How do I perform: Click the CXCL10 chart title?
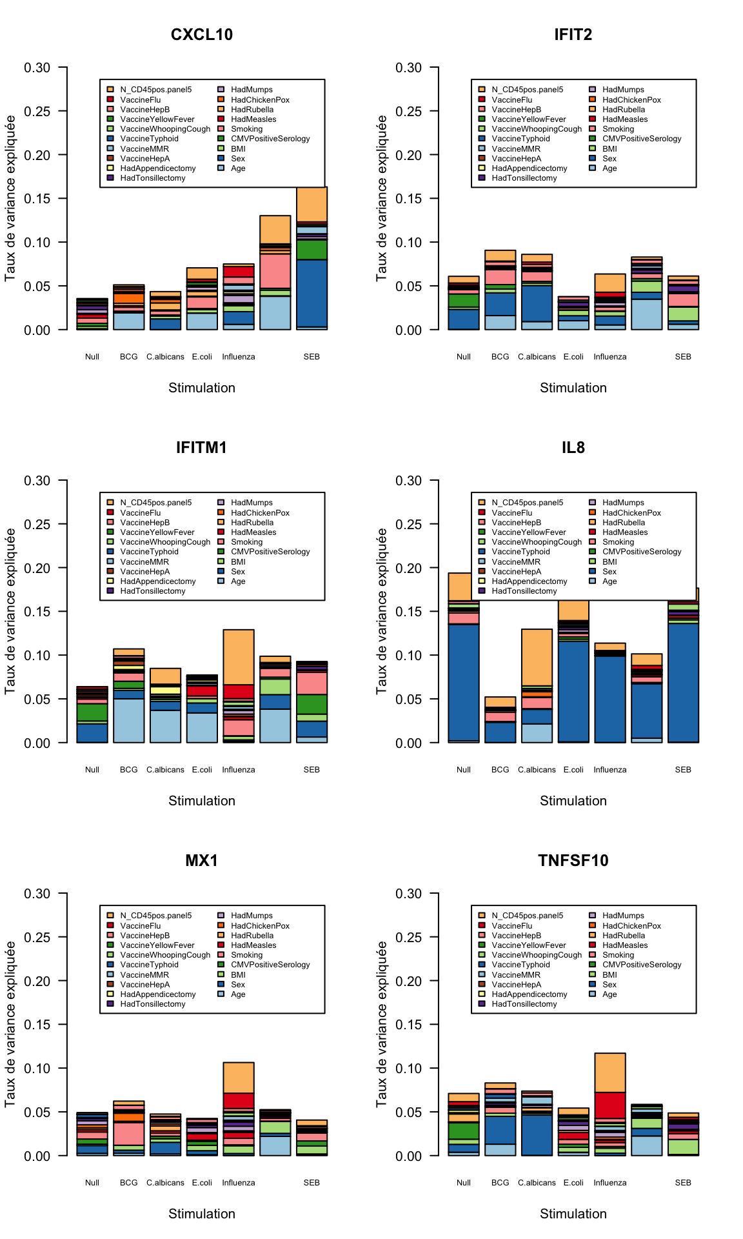[201, 35]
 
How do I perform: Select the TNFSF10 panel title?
[573, 861]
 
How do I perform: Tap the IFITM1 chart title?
[201, 448]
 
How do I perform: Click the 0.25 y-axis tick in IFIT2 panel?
[408, 111]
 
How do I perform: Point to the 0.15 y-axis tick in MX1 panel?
[37, 1025]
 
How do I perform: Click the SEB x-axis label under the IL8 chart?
[683, 770]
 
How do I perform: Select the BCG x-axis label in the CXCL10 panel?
[128, 357]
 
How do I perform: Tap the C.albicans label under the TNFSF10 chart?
[537, 1183]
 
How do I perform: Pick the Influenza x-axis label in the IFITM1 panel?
[239, 770]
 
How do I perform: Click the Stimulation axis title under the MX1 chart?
[201, 1214]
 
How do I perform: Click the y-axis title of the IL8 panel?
[382, 611]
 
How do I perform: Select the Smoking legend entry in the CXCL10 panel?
[246, 129]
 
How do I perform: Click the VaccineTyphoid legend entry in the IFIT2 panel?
[520, 139]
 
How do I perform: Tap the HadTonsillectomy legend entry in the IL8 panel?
[524, 591]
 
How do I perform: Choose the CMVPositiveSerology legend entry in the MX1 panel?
[270, 965]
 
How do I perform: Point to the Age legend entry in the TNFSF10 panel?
[609, 994]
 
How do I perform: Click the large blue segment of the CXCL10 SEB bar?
[312, 294]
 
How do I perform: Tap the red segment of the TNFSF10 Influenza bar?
[610, 1105]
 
